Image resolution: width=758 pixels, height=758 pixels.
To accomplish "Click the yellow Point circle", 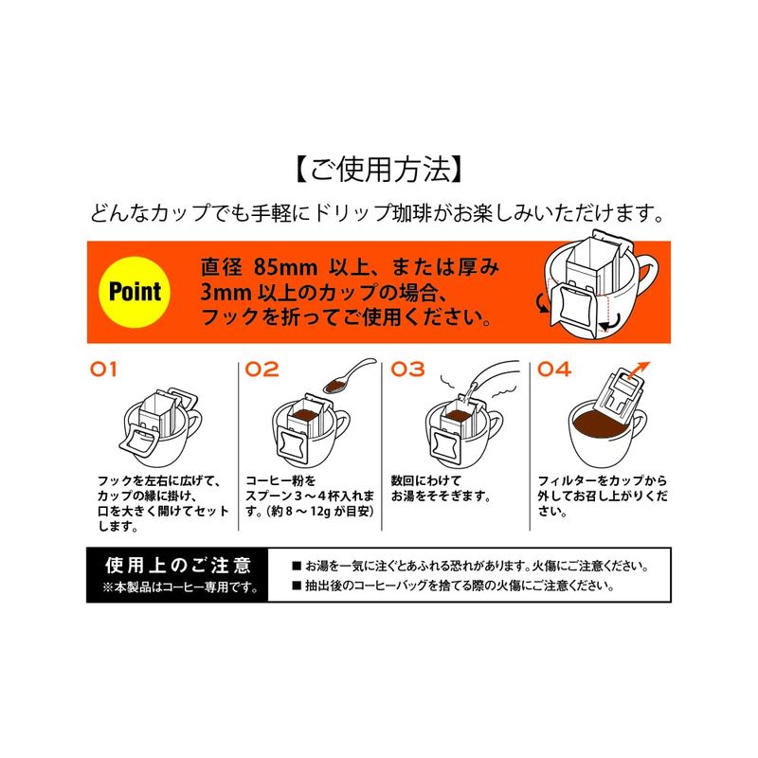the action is pyautogui.click(x=135, y=293).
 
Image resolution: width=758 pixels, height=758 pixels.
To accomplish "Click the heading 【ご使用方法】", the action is pyautogui.click(x=378, y=170).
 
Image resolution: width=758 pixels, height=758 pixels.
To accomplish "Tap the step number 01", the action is pyautogui.click(x=103, y=370).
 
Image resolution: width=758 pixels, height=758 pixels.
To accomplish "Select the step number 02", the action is pyautogui.click(x=262, y=370).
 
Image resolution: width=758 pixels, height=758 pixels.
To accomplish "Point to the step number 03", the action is pyautogui.click(x=407, y=370).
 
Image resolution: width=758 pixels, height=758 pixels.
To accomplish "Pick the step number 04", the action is pyautogui.click(x=554, y=370).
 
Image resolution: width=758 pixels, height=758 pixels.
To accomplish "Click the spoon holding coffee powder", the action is pyautogui.click(x=349, y=376).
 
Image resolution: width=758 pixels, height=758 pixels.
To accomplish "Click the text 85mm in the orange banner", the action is pyautogui.click(x=286, y=267).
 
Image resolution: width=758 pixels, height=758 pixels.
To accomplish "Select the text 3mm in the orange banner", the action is pyautogui.click(x=226, y=293).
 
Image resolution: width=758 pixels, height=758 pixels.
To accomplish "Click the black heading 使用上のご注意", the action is pyautogui.click(x=178, y=565).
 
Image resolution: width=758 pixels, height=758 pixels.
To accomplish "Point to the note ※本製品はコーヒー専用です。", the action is pyautogui.click(x=180, y=587).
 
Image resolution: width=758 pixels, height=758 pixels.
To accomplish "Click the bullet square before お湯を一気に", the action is pyautogui.click(x=297, y=566).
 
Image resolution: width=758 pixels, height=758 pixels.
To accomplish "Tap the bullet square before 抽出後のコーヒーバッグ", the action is pyautogui.click(x=297, y=586).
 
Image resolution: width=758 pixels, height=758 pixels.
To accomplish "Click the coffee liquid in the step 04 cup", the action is pyautogui.click(x=605, y=424).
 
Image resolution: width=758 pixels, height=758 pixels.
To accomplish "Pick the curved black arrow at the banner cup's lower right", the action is pyautogui.click(x=610, y=323).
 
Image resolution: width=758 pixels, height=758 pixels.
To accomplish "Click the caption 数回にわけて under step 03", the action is pyautogui.click(x=425, y=480).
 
